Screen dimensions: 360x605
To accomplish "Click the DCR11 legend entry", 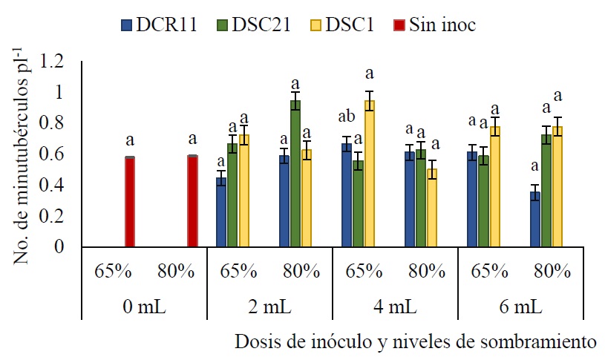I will point(159,24).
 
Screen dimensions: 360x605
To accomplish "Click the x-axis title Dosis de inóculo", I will point(416,342).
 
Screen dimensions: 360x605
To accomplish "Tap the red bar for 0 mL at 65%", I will point(130,202).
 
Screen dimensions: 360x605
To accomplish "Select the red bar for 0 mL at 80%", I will point(192,201).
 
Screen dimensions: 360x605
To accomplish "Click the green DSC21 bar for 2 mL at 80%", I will point(295,174).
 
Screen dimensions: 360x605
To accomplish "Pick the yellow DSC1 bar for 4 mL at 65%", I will point(370,174).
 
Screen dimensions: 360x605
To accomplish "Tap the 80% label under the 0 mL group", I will point(175,270).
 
